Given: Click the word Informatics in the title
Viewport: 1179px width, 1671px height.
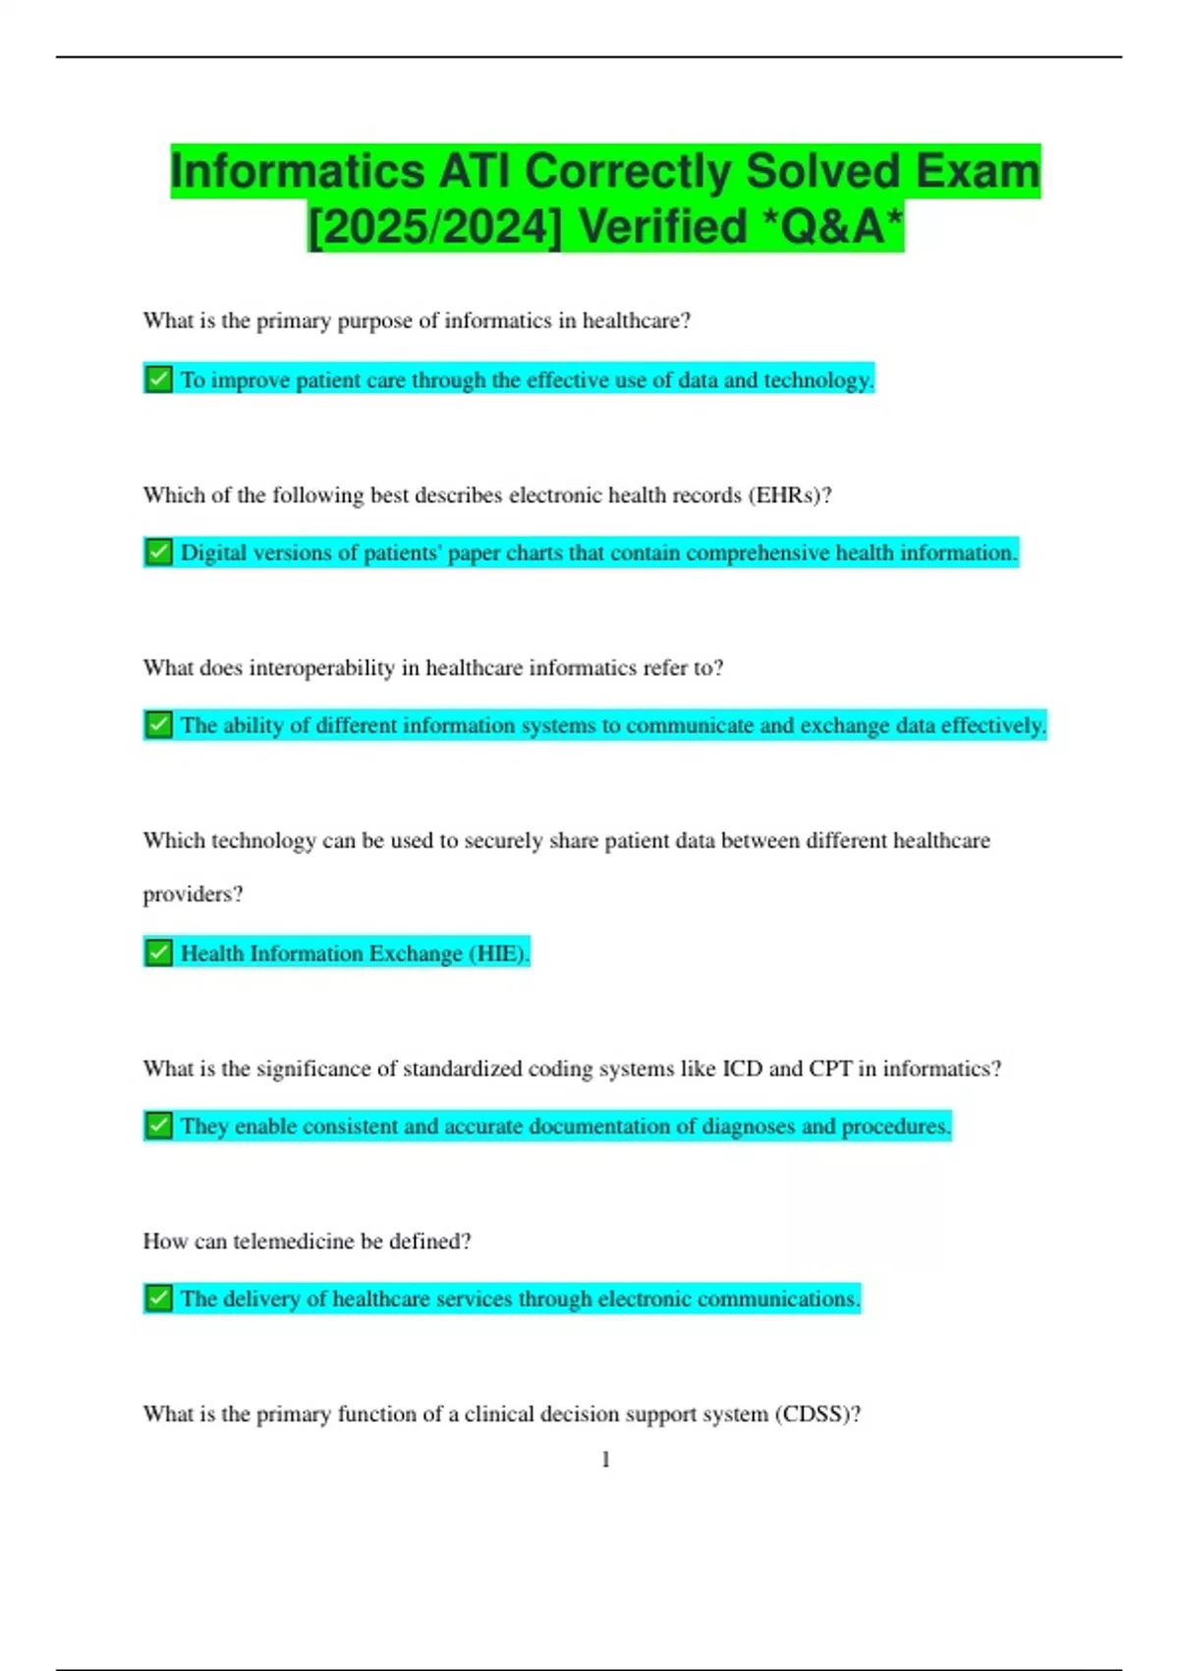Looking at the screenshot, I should click(298, 172).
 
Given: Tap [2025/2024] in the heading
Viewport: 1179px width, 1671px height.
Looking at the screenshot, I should click(434, 228).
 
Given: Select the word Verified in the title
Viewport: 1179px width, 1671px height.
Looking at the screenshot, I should click(663, 228).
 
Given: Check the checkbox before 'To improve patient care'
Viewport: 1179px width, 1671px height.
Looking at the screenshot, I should click(158, 379).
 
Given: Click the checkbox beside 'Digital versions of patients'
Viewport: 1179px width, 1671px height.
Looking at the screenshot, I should click(158, 552).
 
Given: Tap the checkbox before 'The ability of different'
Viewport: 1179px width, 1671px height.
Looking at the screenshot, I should click(158, 725).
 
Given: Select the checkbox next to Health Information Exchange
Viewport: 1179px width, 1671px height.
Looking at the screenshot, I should click(158, 952).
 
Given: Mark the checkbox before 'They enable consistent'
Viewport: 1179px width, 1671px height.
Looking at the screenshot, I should click(158, 1125).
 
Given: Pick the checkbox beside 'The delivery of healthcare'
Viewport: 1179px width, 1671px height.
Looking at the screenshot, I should click(158, 1298).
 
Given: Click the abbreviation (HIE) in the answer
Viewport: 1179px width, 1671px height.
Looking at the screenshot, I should click(499, 953).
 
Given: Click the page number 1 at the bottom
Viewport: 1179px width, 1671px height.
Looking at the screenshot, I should click(605, 1460).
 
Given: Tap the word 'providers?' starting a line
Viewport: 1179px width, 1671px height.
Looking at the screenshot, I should click(193, 894).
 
